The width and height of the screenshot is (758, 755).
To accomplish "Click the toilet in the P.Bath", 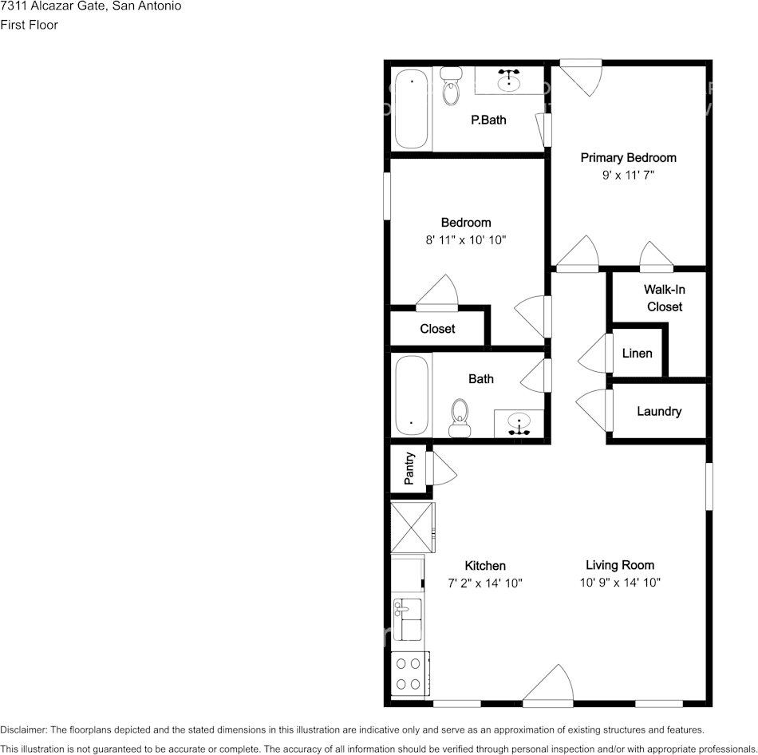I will click(451, 88).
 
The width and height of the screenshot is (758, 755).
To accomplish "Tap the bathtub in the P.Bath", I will click(413, 109).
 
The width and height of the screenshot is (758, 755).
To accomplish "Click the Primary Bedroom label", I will click(628, 158).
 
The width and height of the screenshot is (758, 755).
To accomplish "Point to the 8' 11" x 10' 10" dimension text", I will click(466, 239).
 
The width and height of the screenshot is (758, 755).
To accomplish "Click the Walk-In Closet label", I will click(665, 298).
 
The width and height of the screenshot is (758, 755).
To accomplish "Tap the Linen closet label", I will click(637, 354).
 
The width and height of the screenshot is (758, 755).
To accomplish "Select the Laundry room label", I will click(659, 412).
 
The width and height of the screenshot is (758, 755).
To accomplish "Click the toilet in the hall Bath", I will click(460, 417).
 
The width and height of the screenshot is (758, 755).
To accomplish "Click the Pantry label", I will click(409, 469).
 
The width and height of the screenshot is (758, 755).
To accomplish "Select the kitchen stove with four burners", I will click(409, 672).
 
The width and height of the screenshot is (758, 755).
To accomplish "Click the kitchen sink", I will click(409, 619).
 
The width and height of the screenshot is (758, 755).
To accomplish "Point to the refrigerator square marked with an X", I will click(411, 528).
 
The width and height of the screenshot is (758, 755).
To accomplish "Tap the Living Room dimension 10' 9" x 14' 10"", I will click(620, 583).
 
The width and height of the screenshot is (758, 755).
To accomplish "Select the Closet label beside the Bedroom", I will click(437, 329).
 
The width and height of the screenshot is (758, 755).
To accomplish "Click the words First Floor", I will click(30, 25).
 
